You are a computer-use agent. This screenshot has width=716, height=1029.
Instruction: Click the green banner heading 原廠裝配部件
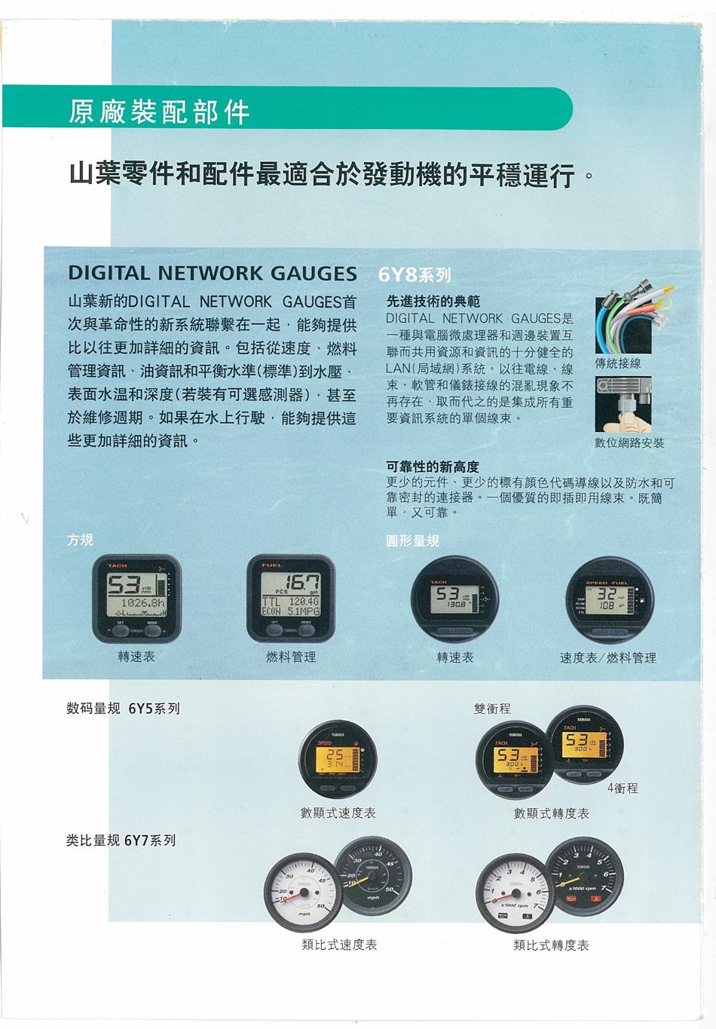158,112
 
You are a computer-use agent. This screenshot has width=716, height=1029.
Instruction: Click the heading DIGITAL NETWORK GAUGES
213,273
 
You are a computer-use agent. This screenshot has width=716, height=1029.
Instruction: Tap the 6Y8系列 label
414,274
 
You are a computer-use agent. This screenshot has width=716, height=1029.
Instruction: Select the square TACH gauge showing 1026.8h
136,599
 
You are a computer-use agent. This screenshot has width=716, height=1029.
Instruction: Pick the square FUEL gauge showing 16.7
291,599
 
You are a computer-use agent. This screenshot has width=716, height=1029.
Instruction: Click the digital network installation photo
623,404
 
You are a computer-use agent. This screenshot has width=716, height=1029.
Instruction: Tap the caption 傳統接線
618,363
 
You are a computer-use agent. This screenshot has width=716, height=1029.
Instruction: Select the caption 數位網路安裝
629,443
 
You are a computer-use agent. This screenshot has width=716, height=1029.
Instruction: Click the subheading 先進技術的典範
433,301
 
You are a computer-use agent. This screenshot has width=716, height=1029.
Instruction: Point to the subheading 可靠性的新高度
433,467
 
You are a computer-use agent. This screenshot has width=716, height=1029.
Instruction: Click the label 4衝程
623,788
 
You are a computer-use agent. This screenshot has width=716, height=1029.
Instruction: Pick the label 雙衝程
492,709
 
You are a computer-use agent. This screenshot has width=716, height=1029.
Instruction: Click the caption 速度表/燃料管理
607,657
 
